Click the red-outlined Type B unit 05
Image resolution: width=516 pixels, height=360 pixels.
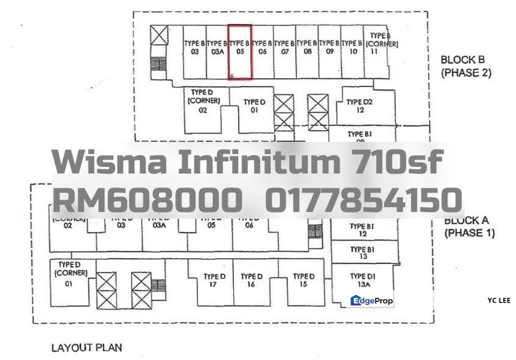click(x=239, y=52)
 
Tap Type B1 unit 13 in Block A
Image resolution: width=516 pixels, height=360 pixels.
click(x=362, y=253)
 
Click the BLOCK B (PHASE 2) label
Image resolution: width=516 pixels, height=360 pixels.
click(x=465, y=66)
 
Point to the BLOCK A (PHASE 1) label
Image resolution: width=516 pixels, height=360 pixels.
click(x=469, y=226)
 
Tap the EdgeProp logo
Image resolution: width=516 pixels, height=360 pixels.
click(x=371, y=300)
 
